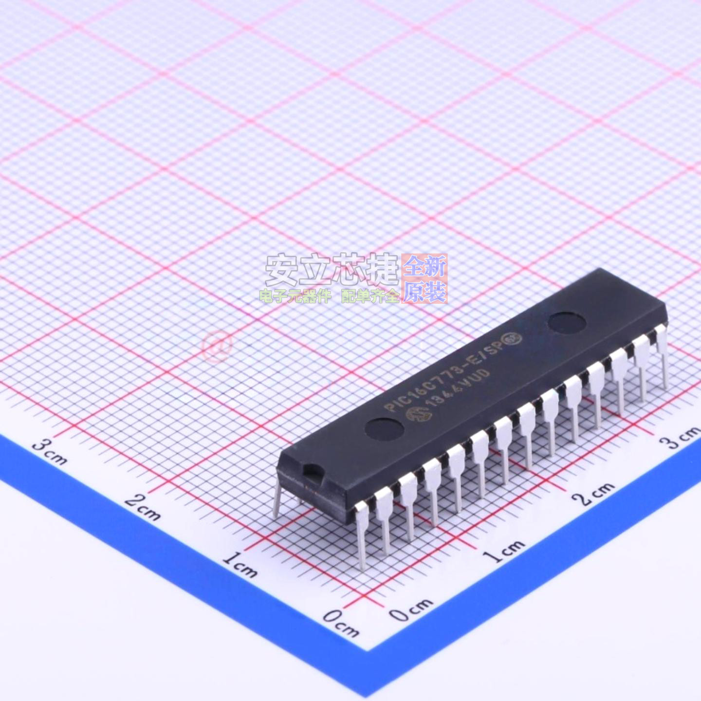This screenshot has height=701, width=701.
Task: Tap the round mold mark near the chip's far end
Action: (x=567, y=322)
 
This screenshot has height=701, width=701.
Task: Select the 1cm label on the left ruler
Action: (x=240, y=563)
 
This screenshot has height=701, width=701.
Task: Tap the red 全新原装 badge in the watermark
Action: (x=425, y=279)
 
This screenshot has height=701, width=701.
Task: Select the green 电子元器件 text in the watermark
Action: (x=295, y=295)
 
